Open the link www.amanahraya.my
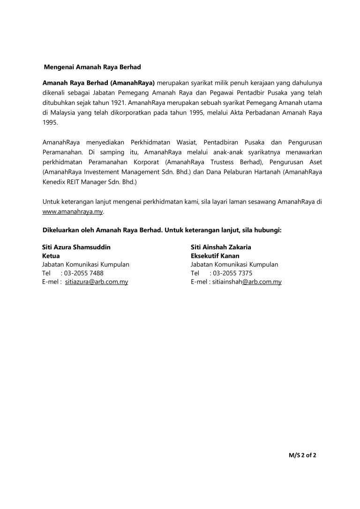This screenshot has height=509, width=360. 72,212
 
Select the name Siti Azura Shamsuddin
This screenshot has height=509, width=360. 76,247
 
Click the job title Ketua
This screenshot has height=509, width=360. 51,255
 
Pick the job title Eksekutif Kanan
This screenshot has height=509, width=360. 215,255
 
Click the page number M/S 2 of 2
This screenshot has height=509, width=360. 303,455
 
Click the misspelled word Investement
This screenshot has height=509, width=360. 101,171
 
